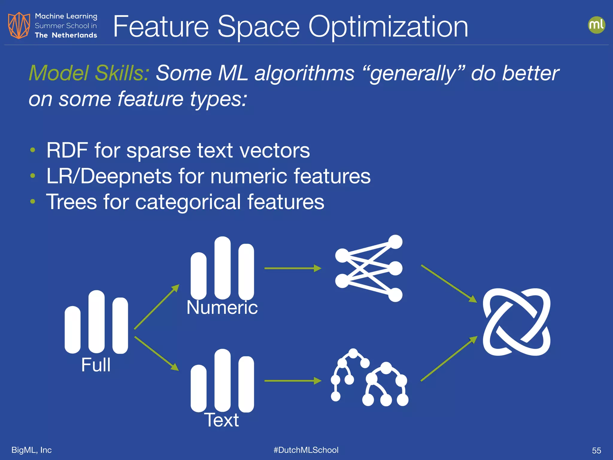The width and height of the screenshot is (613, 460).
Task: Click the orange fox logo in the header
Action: [x=19, y=25]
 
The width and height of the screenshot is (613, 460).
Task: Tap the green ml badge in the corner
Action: [x=596, y=25]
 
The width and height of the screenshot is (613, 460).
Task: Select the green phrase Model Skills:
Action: [x=89, y=73]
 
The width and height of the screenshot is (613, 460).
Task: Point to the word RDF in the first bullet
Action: [x=67, y=150]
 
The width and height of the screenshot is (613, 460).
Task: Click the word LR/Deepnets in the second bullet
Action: [x=109, y=176]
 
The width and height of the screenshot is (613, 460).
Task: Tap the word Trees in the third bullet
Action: [x=71, y=202]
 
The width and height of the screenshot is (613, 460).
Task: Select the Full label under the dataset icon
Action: [x=96, y=365]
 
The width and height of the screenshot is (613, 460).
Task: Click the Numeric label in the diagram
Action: [x=222, y=307]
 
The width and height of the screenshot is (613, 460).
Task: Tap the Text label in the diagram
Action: [x=221, y=420]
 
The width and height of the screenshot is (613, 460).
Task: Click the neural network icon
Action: [x=369, y=268]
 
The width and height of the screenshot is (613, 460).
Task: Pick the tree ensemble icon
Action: [x=369, y=378]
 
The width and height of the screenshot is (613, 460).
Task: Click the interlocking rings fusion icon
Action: [x=517, y=322]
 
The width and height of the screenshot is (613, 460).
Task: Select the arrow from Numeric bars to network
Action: [x=292, y=268]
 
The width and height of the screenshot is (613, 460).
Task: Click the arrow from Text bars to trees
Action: [x=292, y=381]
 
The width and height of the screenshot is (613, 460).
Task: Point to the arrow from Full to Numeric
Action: [x=157, y=307]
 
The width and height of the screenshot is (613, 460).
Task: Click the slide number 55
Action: [x=596, y=450]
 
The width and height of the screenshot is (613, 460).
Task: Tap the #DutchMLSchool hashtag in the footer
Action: [x=306, y=450]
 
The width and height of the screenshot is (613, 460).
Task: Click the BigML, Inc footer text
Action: [x=31, y=450]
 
